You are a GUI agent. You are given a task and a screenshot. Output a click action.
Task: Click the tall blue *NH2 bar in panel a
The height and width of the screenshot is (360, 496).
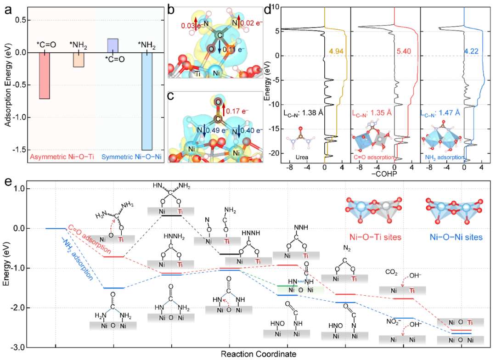click(147, 101)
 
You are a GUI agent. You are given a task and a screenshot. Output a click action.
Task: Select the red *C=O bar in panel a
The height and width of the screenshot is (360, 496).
click(45, 76)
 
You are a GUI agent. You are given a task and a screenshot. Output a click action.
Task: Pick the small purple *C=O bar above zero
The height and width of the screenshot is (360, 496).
click(113, 45)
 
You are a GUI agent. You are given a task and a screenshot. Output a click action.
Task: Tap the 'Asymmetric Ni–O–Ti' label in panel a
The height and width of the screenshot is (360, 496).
click(62, 157)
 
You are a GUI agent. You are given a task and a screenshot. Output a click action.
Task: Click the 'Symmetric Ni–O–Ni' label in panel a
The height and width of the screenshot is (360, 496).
click(131, 157)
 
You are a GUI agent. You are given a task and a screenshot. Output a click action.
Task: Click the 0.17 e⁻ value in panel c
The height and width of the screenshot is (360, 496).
click(237, 111)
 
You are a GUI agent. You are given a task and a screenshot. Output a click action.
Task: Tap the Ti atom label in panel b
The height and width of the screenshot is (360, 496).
click(197, 74)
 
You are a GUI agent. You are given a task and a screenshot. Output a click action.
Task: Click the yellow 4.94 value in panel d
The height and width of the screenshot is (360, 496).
click(336, 51)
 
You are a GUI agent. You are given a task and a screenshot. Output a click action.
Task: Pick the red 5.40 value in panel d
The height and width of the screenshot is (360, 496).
click(404, 51)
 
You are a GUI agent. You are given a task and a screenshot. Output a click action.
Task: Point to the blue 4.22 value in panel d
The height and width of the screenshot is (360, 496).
click(471, 51)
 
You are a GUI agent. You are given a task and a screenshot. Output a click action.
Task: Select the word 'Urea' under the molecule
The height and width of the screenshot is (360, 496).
click(302, 157)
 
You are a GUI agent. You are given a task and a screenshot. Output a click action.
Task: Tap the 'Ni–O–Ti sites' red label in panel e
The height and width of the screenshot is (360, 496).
click(375, 237)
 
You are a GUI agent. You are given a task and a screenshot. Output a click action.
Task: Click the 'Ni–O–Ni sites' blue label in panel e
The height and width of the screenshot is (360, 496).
click(456, 237)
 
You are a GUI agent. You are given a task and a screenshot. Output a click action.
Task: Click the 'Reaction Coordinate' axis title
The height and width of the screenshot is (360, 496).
click(259, 354)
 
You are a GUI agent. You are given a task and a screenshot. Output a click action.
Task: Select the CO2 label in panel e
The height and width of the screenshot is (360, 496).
click(391, 272)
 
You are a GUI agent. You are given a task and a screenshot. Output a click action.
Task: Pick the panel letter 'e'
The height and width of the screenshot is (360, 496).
click(8, 182)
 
